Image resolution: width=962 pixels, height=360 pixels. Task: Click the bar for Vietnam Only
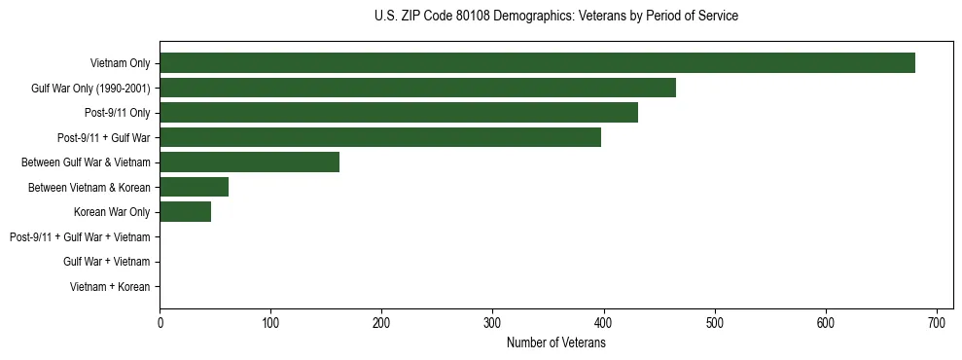pyautogui.click(x=537, y=63)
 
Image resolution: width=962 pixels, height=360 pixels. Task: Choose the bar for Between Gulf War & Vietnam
pyautogui.click(x=249, y=162)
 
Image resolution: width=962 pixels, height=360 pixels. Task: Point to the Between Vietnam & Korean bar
pyautogui.click(x=194, y=187)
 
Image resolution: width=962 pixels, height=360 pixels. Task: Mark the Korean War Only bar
pyautogui.click(x=185, y=212)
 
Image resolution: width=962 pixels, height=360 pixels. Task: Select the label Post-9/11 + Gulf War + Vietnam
pyautogui.click(x=79, y=237)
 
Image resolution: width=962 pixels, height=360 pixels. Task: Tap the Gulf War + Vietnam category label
pyautogui.click(x=106, y=262)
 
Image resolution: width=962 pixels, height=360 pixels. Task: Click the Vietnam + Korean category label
pyautogui.click(x=110, y=287)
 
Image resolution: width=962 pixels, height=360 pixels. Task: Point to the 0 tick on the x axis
pyautogui.click(x=160, y=322)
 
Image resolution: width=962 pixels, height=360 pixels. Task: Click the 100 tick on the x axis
pyautogui.click(x=270, y=322)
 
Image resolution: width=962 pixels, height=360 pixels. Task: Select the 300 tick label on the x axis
pyautogui.click(x=493, y=322)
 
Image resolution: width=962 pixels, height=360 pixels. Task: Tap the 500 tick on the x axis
pyautogui.click(x=715, y=322)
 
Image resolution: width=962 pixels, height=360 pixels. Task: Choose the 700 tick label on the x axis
pyautogui.click(x=937, y=322)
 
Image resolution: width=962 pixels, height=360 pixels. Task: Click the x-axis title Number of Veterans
pyautogui.click(x=555, y=342)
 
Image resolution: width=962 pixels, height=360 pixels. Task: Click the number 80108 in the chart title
pyautogui.click(x=472, y=17)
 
